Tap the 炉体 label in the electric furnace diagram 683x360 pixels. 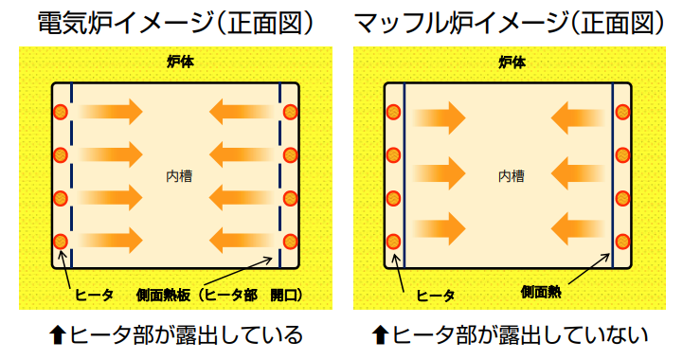coord(176,63)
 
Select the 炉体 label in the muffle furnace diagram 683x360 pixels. coord(511,63)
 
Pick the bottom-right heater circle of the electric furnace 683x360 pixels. coord(291,241)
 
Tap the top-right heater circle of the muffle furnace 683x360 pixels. coord(622,112)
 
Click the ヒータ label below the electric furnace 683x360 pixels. coord(94,296)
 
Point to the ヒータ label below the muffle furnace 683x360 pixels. coord(436,296)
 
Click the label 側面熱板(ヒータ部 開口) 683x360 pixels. coord(219,296)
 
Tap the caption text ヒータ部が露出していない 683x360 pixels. coord(520,335)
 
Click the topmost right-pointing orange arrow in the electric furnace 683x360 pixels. coord(111,112)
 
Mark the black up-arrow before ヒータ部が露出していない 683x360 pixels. coord(380,335)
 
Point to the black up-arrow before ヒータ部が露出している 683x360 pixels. coord(59,335)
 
